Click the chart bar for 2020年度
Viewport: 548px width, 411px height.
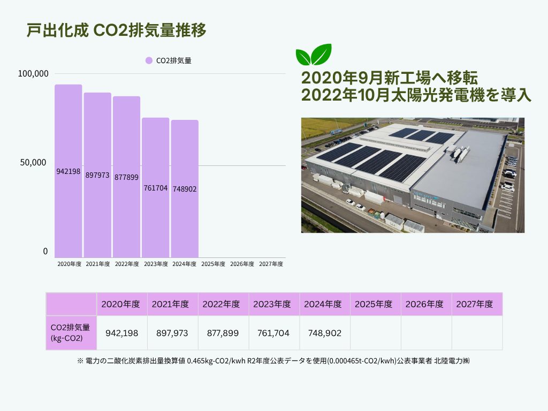click(x=68, y=171)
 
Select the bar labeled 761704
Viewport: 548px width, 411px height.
click(x=156, y=188)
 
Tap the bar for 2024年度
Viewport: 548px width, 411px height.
click(x=185, y=189)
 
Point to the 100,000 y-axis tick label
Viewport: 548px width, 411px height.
click(x=33, y=74)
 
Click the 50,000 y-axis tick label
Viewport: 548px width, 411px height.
click(x=33, y=163)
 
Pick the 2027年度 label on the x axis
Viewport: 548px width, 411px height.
click(x=271, y=264)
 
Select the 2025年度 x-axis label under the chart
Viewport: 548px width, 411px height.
click(x=213, y=264)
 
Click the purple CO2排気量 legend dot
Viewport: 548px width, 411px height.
click(x=149, y=60)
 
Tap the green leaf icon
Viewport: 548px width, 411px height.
click(x=314, y=55)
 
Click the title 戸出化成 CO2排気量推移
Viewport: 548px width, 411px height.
click(x=116, y=30)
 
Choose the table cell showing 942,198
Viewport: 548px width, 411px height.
click(x=122, y=333)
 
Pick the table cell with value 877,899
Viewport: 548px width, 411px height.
click(x=223, y=333)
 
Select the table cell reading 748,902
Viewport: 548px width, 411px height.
click(x=325, y=333)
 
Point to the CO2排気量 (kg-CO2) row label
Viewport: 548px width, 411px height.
click(x=71, y=333)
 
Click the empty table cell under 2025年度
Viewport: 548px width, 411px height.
click(x=376, y=333)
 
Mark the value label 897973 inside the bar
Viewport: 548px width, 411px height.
click(x=97, y=175)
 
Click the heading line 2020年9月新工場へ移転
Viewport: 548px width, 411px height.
click(x=390, y=78)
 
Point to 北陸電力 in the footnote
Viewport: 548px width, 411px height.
click(x=448, y=361)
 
